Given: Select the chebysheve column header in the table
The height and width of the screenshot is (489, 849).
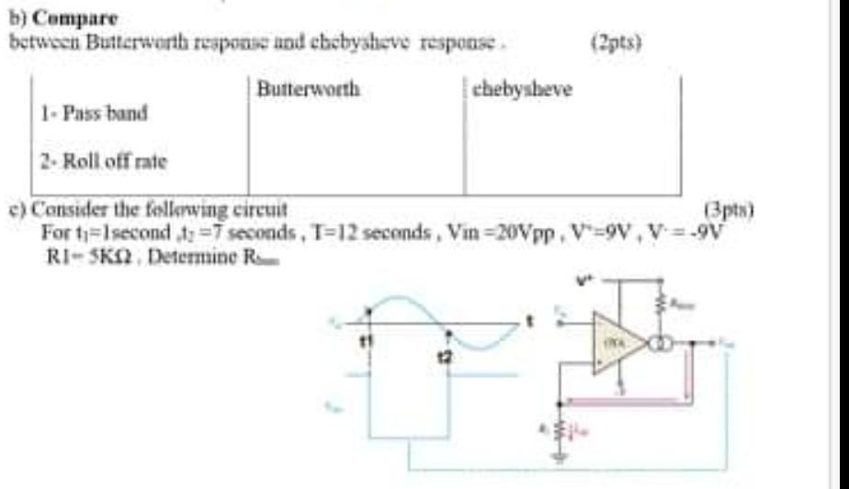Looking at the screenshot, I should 521,89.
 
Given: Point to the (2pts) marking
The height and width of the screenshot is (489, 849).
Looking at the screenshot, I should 617,41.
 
